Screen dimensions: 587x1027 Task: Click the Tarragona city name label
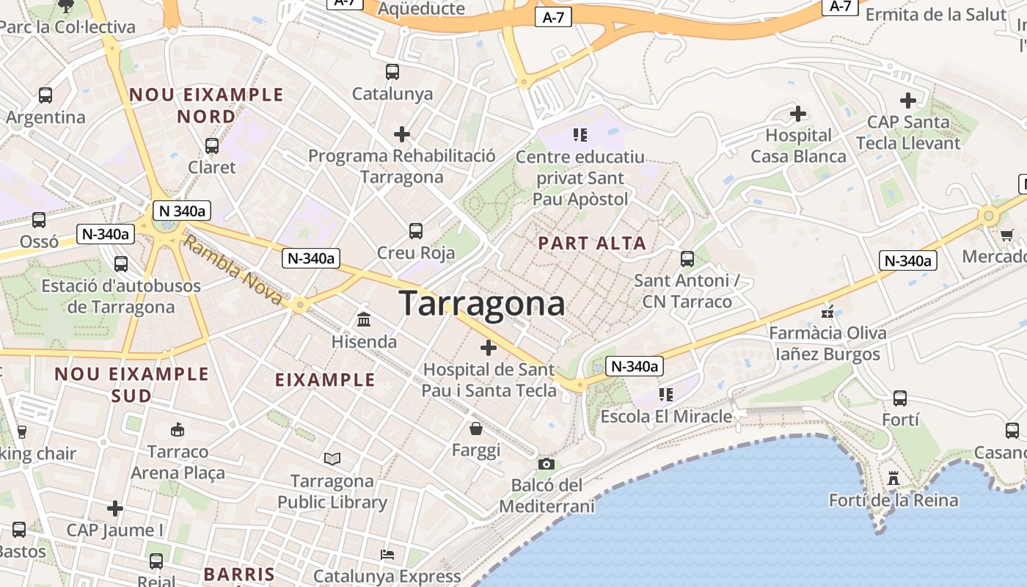coord(482,304)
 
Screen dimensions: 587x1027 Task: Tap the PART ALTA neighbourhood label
coord(593,244)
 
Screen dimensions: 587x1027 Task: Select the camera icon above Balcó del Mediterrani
coord(546,464)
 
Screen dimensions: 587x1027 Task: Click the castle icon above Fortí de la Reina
coord(893,478)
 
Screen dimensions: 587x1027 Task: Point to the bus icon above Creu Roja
coord(416,231)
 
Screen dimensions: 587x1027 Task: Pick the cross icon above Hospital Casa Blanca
coord(798,114)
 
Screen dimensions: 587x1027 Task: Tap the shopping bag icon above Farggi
coord(476,428)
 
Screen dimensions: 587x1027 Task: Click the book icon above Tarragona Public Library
coord(332,459)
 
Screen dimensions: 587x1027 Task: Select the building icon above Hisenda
coord(364,319)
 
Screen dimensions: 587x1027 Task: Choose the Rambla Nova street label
coord(233,270)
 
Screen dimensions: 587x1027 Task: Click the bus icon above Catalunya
coord(392,72)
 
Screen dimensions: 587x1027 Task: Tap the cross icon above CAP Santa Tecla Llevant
coord(908,101)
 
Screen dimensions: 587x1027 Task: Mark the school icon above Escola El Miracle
coord(665,395)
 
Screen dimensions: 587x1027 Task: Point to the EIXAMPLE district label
coord(325,380)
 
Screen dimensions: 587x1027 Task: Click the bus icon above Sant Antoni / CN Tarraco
coord(687,258)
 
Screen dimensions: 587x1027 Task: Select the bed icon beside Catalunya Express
coord(387,554)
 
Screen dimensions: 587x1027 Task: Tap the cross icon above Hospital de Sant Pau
coord(489,348)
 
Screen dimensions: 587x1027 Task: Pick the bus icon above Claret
coord(212,145)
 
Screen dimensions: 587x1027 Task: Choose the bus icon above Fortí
coord(900,398)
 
